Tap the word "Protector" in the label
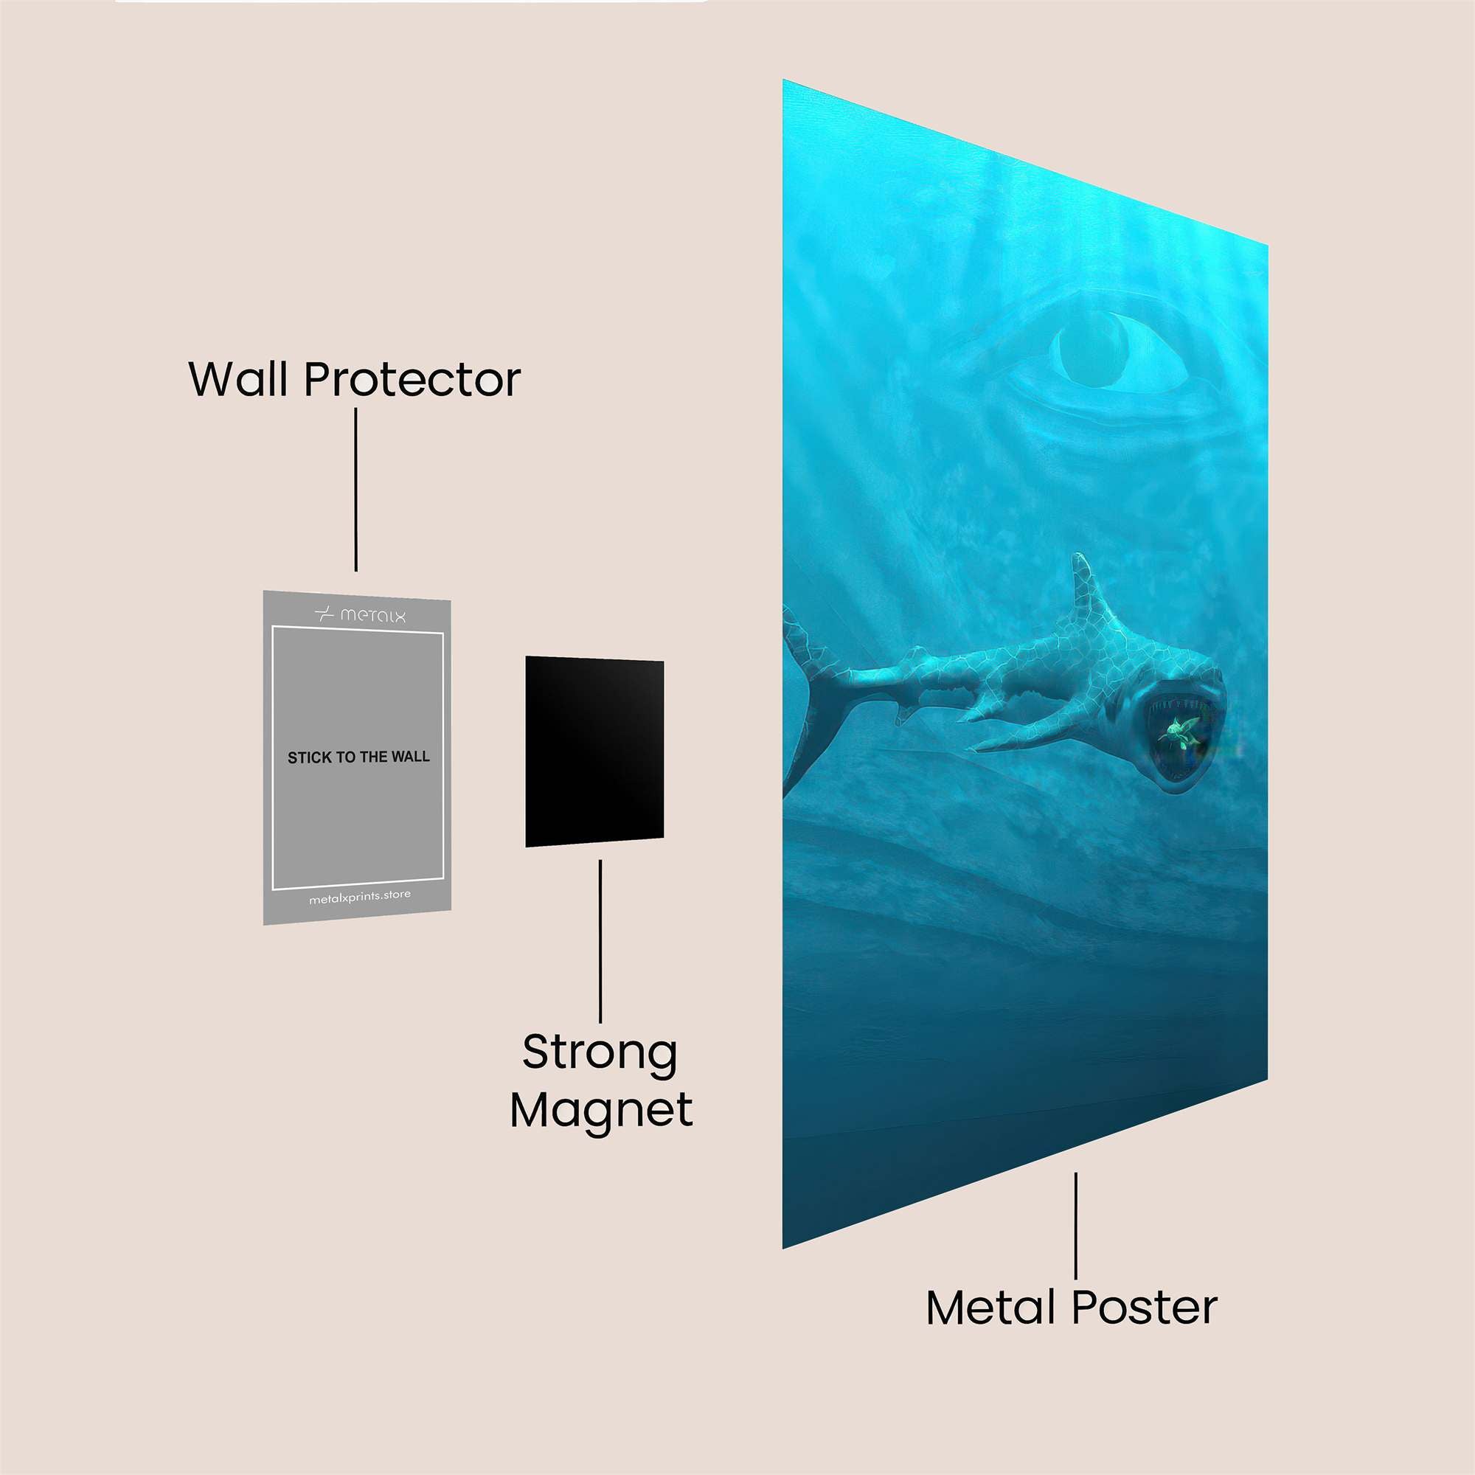click(x=412, y=381)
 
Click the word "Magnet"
click(x=602, y=1110)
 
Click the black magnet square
click(x=594, y=752)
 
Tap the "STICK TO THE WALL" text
click(x=358, y=757)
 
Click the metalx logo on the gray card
click(x=361, y=614)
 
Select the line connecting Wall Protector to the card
click(x=355, y=490)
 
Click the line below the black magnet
click(x=600, y=940)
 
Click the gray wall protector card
click(x=357, y=757)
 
